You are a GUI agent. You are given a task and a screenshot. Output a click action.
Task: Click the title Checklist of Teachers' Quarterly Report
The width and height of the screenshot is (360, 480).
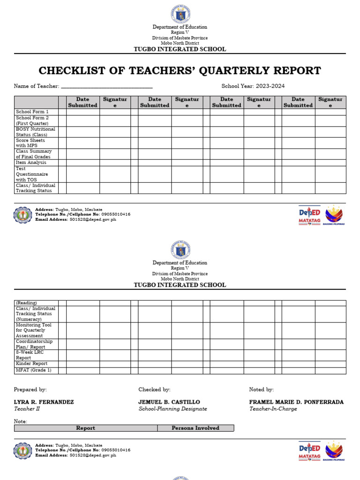tap(180, 71)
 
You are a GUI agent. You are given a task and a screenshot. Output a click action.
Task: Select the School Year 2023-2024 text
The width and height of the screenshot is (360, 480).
tap(253, 86)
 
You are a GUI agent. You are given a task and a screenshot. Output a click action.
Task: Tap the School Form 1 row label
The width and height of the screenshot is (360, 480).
tap(32, 112)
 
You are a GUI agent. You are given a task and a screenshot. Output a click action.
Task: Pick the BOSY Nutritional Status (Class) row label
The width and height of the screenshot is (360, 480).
tap(35, 132)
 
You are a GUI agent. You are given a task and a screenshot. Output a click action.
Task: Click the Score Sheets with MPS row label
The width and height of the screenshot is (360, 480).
tap(30, 143)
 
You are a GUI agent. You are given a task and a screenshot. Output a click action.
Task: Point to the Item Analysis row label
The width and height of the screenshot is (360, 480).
tap(31, 163)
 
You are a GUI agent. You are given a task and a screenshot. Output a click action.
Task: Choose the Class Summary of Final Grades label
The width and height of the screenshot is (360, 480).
tap(34, 154)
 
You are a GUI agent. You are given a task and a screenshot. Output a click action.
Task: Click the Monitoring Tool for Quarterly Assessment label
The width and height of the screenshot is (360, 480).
tap(34, 330)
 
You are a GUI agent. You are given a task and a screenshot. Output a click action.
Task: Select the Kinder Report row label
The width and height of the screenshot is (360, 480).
tap(31, 364)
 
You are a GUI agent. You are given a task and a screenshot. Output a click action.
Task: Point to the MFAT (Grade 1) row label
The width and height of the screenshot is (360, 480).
tap(33, 371)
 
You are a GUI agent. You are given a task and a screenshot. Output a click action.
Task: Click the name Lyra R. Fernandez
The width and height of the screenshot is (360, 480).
tap(44, 402)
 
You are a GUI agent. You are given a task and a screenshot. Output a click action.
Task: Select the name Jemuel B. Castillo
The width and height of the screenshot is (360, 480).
tap(169, 402)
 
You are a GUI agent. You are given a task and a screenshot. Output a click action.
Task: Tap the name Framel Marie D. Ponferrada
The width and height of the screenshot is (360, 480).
tap(296, 402)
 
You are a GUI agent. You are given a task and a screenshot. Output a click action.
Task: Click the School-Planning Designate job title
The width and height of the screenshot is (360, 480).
tap(172, 409)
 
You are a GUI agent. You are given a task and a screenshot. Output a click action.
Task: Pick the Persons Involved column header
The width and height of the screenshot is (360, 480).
tap(195, 428)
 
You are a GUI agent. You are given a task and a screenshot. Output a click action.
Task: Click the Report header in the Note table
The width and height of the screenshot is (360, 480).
tap(86, 428)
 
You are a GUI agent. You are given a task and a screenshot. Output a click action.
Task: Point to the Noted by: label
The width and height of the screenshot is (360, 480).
tap(261, 390)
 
